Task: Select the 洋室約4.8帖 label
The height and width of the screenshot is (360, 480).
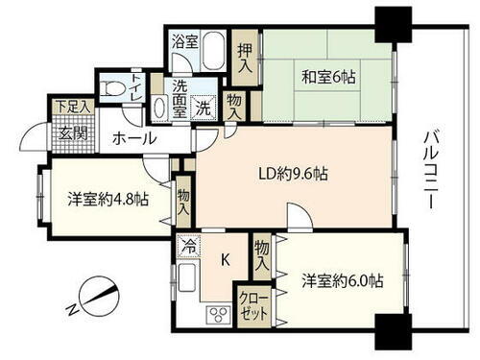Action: click(108, 200)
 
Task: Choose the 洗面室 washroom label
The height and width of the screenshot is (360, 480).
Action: click(180, 97)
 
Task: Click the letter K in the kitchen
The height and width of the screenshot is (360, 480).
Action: click(226, 259)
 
